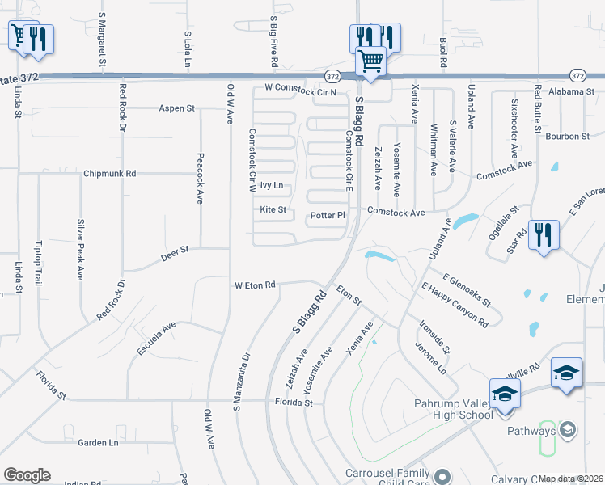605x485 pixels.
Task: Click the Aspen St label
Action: point(177,108)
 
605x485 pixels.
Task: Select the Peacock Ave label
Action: point(200,179)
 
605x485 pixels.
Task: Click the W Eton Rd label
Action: point(256,285)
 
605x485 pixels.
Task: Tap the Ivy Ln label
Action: point(272,186)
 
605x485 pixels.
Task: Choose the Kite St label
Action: point(273,209)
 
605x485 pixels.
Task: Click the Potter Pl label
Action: point(328,216)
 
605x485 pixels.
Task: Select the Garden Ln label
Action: point(98,442)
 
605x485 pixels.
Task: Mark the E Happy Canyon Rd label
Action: point(455,305)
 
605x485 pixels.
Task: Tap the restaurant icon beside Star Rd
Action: point(543,235)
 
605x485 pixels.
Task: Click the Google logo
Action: point(27,475)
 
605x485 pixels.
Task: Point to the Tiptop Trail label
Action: point(38,263)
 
